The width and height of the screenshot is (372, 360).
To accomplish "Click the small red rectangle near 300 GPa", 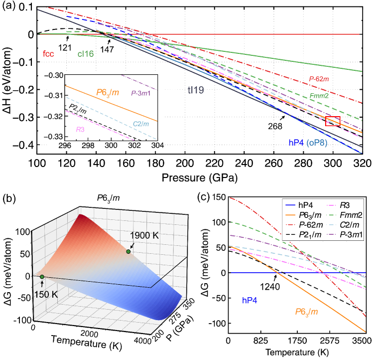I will [x=332, y=121].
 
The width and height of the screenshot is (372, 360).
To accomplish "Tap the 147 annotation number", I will [x=106, y=50].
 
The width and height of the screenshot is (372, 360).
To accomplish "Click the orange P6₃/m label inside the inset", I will [x=103, y=92].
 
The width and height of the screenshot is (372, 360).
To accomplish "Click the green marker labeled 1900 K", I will [x=128, y=252].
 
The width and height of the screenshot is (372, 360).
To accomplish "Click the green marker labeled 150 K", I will [x=42, y=277].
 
